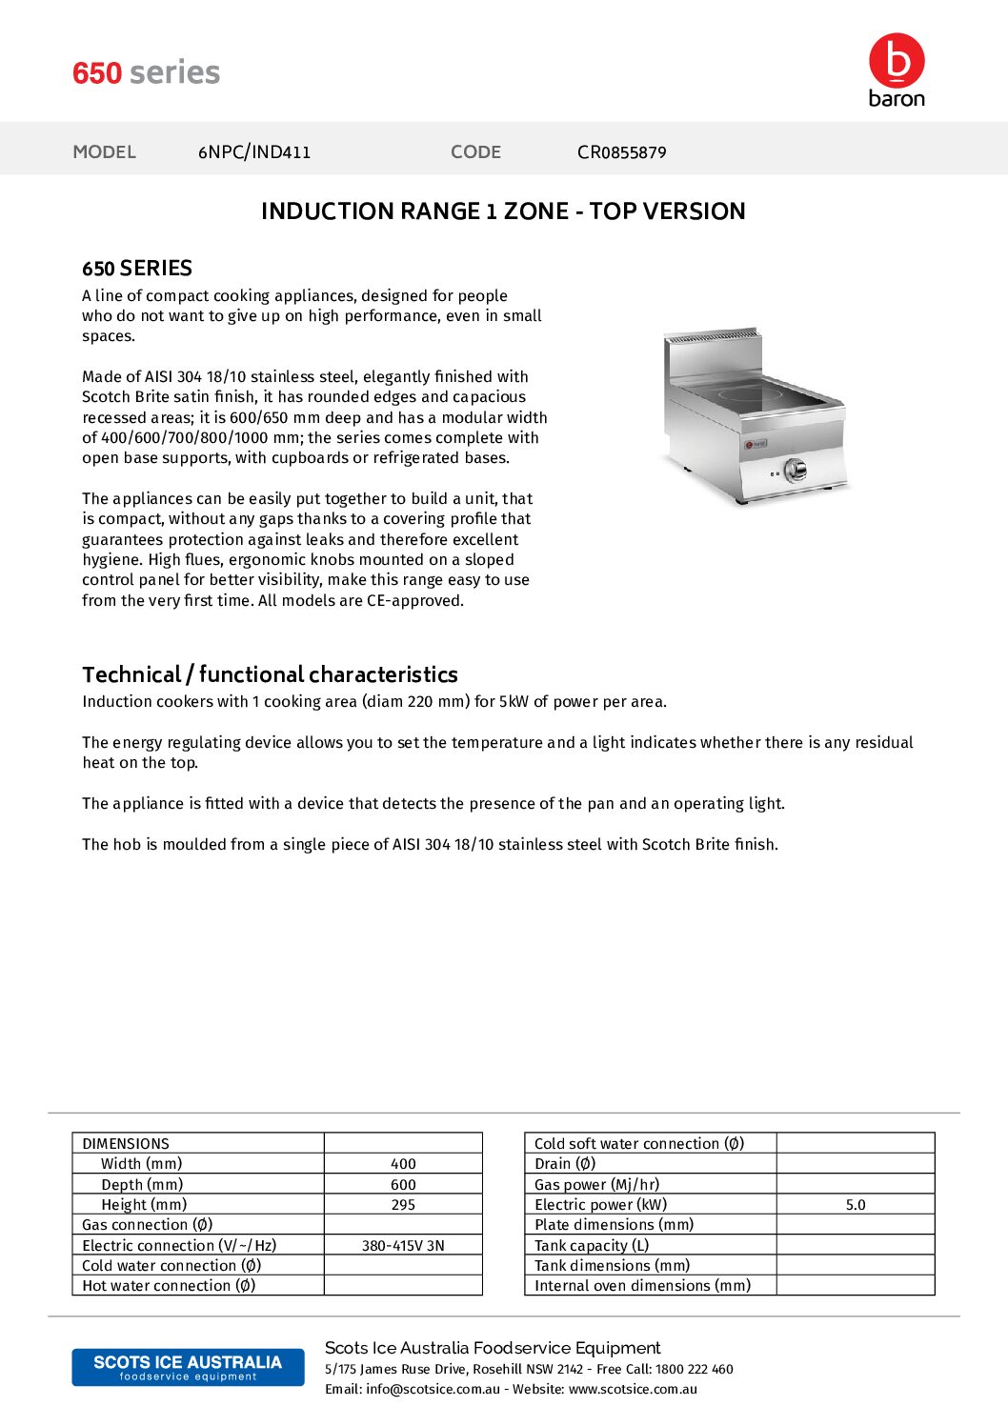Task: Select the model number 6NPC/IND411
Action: coord(254,151)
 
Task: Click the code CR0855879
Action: coord(621,151)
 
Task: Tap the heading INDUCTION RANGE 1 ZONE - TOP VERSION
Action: coord(503,211)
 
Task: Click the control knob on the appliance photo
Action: coord(795,469)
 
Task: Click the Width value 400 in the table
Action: coord(403,1163)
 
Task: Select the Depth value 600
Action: coord(403,1184)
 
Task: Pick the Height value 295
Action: coord(403,1204)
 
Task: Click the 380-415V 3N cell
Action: coord(403,1245)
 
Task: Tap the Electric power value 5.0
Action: coord(856,1204)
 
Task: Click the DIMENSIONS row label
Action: coord(126,1143)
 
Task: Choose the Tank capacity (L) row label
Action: coord(592,1245)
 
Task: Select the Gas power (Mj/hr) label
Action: coord(596,1184)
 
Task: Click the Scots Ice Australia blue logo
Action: coord(188,1367)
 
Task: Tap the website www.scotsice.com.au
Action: coord(633,1389)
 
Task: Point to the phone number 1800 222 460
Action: coord(694,1369)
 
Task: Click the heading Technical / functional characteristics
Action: coord(270,674)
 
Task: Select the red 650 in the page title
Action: coord(97,72)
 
